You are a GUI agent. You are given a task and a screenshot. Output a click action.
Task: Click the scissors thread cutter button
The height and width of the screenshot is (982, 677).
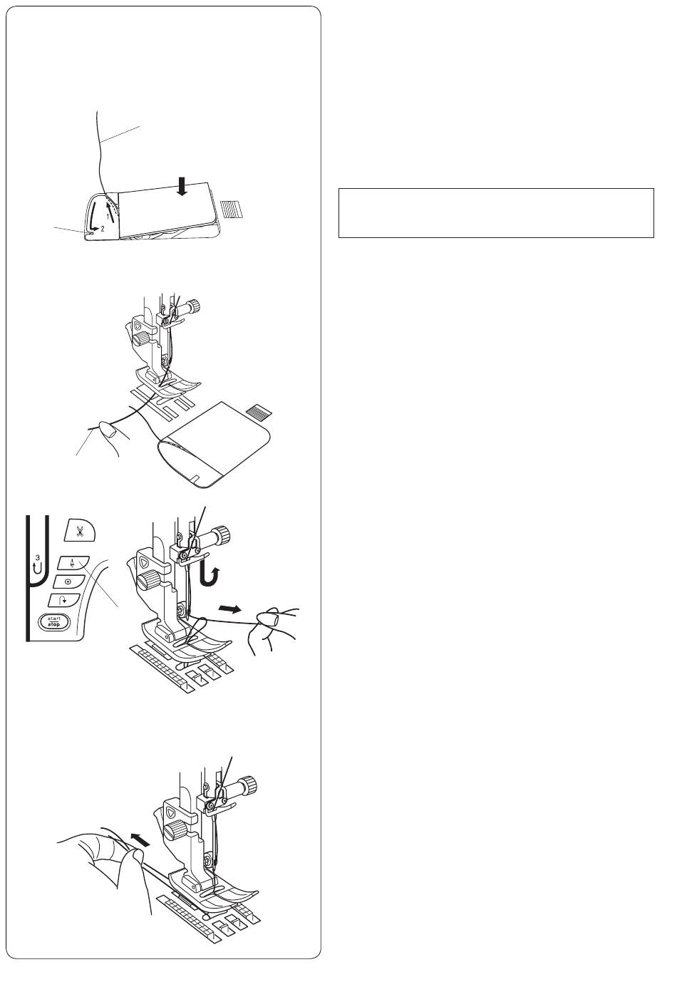coord(81,532)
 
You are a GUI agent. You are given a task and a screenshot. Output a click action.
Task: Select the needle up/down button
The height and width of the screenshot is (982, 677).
coord(73,564)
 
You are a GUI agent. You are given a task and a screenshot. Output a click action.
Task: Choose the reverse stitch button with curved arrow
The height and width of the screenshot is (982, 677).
coord(63,600)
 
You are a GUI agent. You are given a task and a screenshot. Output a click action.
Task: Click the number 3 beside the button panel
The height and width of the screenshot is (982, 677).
coord(37,557)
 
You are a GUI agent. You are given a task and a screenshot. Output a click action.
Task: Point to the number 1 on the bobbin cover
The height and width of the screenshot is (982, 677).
coord(108,217)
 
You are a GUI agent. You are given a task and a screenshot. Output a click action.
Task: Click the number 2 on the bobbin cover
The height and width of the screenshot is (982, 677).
coord(103,229)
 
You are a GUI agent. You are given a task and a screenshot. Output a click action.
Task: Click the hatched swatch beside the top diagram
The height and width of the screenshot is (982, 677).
coord(232,209)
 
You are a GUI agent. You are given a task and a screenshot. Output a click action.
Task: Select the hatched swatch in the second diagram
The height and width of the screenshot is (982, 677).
coord(259,411)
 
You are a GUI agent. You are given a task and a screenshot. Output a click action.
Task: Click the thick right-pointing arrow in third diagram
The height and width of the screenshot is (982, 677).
coord(229,609)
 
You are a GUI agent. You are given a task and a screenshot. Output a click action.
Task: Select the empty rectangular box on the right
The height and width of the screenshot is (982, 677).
coord(496,213)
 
